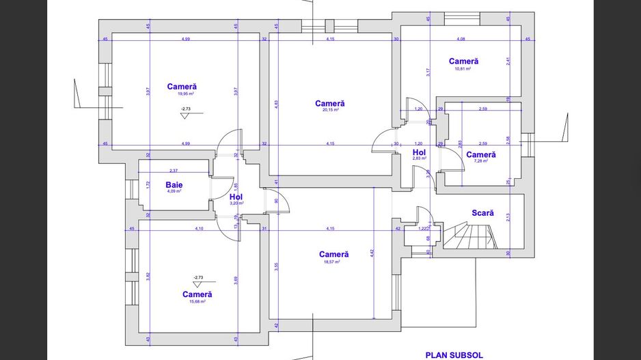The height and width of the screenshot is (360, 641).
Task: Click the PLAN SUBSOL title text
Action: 454,355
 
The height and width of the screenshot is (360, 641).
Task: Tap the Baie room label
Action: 174,184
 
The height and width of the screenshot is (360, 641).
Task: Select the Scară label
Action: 482,213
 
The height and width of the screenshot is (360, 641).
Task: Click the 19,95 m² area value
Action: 182,94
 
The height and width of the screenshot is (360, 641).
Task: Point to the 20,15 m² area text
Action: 329,111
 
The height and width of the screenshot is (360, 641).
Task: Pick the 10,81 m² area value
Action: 463,69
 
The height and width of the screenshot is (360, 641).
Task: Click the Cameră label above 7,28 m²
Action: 481,154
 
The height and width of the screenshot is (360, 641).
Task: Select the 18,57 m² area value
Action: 333,262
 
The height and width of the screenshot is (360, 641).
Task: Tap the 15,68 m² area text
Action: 197,301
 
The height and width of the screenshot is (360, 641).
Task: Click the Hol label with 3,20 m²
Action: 236,197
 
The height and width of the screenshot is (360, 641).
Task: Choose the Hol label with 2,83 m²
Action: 419,152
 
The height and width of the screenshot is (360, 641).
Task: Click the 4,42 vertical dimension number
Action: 372,253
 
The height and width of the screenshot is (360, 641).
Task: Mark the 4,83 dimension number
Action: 277,104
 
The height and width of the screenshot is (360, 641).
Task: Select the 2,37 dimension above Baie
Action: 174,171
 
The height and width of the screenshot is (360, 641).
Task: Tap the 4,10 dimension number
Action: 199,228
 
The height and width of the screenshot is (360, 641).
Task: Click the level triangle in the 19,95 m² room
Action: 185,115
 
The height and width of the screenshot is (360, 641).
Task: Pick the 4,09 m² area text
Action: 174,191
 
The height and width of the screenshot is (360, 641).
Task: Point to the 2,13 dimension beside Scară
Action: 508,218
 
